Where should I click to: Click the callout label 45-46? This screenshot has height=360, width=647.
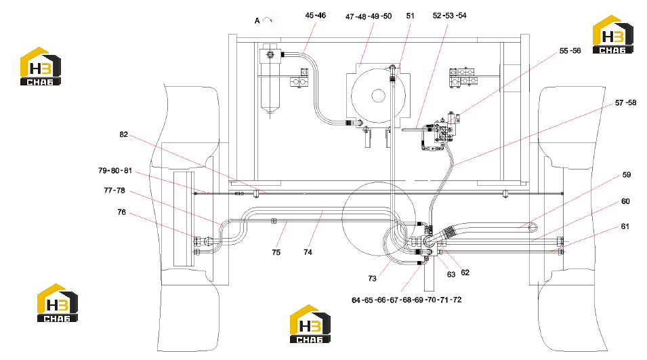315,16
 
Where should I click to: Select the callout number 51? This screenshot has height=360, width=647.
410,16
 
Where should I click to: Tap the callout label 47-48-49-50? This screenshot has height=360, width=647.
369,16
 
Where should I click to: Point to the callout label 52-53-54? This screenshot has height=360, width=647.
449,16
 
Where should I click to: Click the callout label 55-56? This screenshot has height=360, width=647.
570,51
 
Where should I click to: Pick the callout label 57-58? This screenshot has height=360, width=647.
625,103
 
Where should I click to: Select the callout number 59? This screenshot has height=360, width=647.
627,175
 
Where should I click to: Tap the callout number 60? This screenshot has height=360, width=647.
625,201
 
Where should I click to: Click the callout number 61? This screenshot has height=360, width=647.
625,226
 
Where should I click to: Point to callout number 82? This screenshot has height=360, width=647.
123,135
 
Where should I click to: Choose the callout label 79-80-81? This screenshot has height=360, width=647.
115,171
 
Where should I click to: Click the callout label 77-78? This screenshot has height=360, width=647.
114,191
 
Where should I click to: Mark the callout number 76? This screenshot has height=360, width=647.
121,212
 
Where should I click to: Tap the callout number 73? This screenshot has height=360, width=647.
372,279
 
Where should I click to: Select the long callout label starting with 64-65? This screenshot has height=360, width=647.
406,300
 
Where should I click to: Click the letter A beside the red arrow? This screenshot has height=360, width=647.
257,20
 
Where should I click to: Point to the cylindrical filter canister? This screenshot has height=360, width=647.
270,81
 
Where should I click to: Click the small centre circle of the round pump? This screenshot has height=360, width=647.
379,96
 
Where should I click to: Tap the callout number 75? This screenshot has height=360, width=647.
276,253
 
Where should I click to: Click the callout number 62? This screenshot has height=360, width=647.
465,273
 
